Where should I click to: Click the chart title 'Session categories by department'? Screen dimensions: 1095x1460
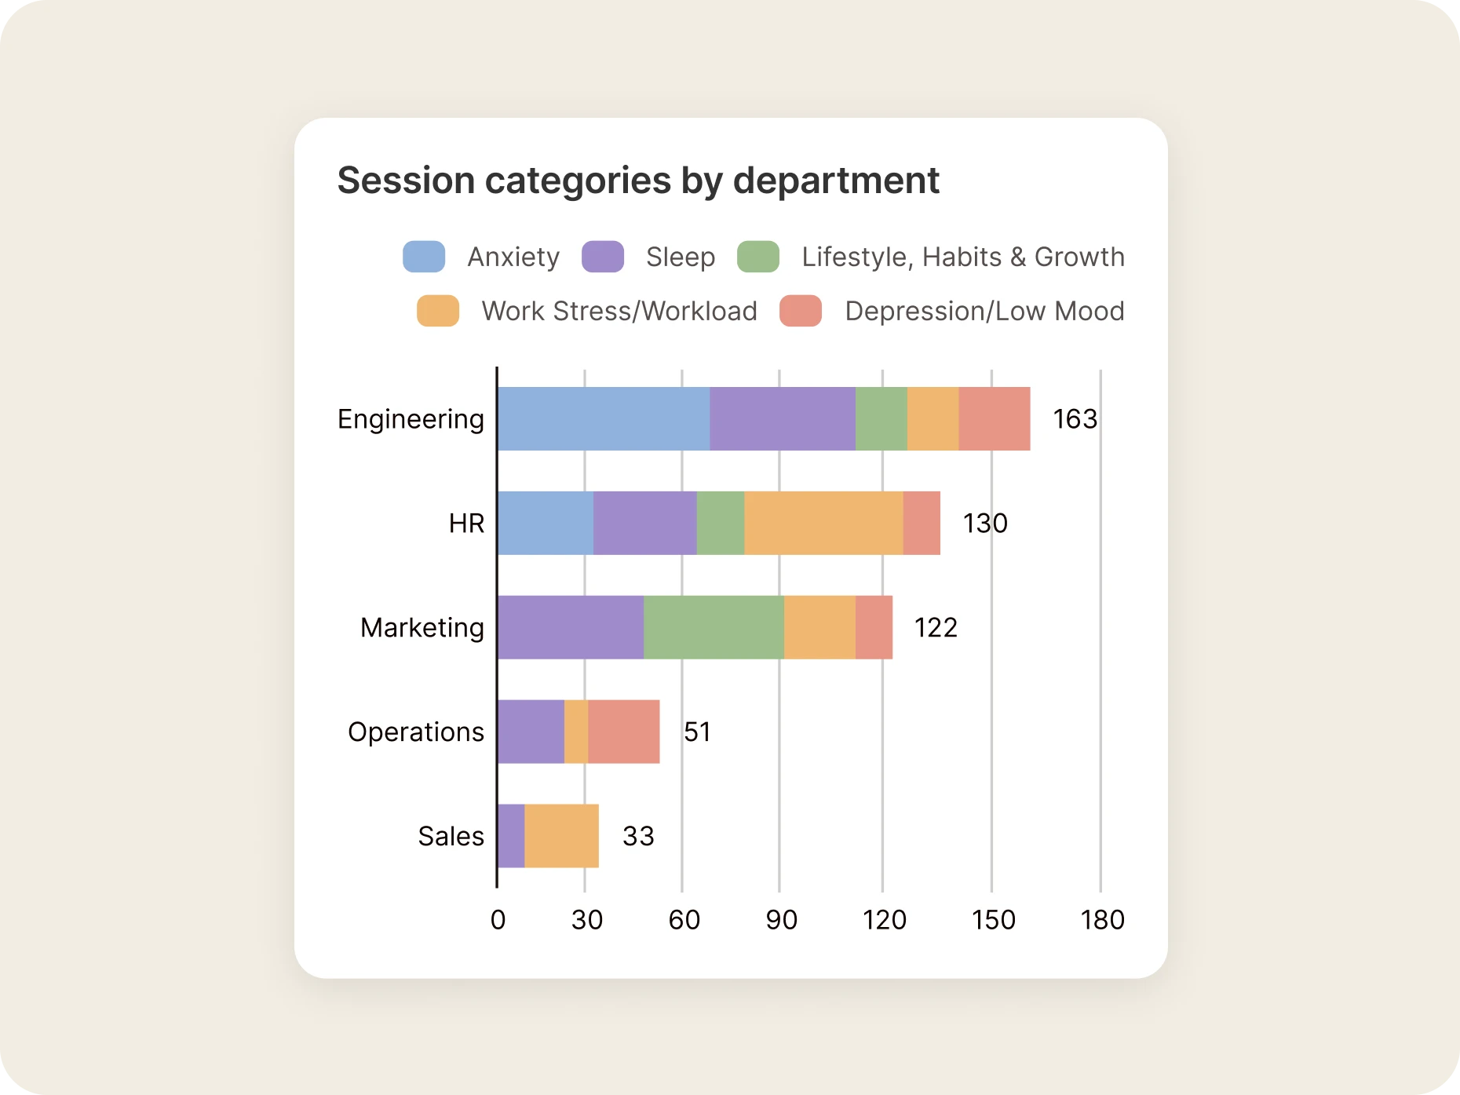637,181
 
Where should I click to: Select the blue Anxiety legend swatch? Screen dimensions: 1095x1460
424,257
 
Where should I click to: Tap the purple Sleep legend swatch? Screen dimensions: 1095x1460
602,257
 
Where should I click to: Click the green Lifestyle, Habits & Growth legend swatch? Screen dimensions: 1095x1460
757,257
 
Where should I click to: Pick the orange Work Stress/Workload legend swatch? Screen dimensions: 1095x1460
438,311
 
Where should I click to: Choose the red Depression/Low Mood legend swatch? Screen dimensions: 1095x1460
800,311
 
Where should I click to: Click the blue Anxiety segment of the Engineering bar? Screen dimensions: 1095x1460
603,418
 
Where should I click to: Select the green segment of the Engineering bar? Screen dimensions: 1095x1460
881,418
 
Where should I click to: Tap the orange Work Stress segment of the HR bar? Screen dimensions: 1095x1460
823,523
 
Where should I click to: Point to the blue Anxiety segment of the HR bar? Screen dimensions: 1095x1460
546,523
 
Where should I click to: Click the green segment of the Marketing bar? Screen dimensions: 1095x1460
713,627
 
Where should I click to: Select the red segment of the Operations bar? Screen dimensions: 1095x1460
623,732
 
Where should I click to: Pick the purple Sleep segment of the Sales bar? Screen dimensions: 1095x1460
511,836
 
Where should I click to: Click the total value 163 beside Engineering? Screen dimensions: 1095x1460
1075,419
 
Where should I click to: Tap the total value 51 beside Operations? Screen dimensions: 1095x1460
697,732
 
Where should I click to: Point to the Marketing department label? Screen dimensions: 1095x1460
422,628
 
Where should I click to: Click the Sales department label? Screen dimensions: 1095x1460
451,837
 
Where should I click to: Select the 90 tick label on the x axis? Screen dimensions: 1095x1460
781,920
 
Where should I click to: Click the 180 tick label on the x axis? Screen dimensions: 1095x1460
1102,920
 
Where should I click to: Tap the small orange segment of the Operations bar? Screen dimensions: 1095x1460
575,732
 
